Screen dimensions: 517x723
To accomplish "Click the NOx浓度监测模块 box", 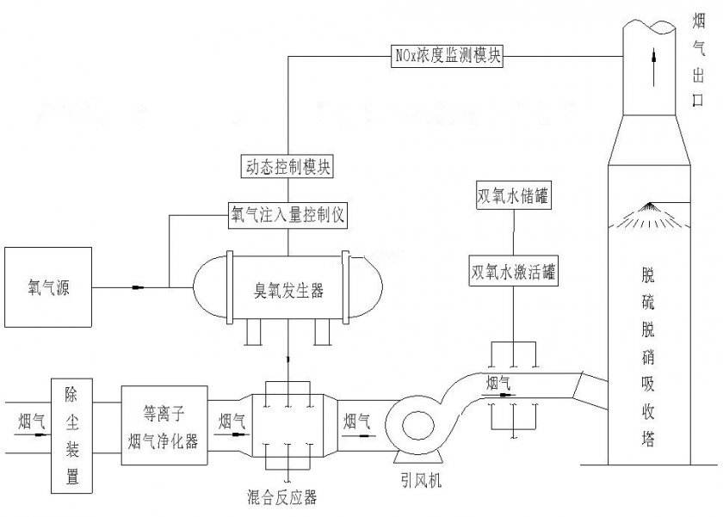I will click(445, 57).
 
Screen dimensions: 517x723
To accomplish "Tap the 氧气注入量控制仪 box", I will click(287, 214).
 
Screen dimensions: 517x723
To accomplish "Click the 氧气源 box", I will click(48, 287).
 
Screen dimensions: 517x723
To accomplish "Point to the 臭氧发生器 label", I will click(287, 292).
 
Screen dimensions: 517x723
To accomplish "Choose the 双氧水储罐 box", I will click(513, 196).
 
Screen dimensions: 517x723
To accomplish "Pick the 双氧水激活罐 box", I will click(513, 272).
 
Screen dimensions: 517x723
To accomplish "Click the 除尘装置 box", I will click(71, 435).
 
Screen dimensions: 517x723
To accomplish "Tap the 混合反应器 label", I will click(287, 496).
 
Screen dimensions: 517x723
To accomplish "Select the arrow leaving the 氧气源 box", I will click(138, 287).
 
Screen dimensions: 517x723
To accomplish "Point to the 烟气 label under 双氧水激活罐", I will click(500, 383).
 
